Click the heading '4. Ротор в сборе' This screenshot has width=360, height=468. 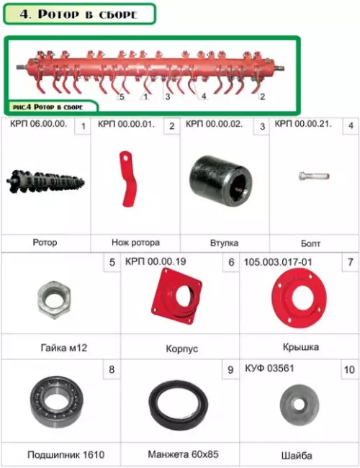tap(78, 14)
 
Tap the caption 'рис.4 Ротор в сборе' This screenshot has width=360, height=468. tap(48, 107)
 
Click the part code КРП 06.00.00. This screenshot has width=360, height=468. tap(38, 124)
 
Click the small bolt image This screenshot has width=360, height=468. tap(314, 176)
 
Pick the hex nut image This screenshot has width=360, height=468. tap(54, 300)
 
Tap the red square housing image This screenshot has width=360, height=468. tap(176, 296)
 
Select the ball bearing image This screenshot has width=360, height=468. tap(57, 402)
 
